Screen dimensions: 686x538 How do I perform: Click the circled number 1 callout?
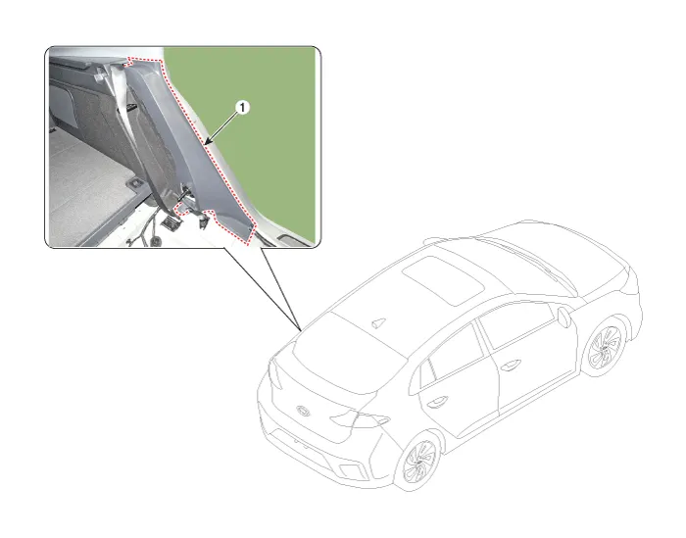(242, 107)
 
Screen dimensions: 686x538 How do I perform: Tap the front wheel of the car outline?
(606, 347)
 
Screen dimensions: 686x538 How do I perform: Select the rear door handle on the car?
(437, 401)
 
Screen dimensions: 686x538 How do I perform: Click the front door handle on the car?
(511, 365)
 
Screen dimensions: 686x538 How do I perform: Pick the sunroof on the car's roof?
(443, 280)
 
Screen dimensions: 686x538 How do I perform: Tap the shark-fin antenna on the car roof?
(378, 323)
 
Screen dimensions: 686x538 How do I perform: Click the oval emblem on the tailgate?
(303, 411)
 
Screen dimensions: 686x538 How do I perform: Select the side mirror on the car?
(564, 317)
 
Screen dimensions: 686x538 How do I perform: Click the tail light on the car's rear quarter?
(359, 419)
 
